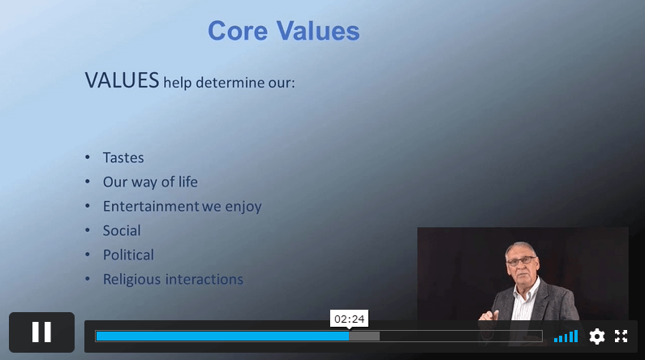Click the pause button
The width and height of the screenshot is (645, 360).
41,332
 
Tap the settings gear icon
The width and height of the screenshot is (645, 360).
597,336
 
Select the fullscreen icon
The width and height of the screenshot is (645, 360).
621,336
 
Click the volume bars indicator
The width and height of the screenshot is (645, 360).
565,336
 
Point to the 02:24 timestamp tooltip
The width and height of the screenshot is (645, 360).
349,319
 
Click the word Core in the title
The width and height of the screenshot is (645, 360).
238,31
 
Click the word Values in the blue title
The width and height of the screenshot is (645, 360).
318,31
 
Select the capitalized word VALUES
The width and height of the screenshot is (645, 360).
122,80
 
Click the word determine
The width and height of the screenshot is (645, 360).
230,83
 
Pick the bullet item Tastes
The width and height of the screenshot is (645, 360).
123,158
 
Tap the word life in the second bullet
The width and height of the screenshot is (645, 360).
188,182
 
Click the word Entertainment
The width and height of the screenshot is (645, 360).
151,206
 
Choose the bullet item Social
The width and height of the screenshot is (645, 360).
122,230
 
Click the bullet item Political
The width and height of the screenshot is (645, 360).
128,255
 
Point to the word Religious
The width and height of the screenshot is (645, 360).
131,280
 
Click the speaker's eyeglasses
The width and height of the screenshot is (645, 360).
522,260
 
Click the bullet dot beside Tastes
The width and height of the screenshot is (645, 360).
87,157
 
